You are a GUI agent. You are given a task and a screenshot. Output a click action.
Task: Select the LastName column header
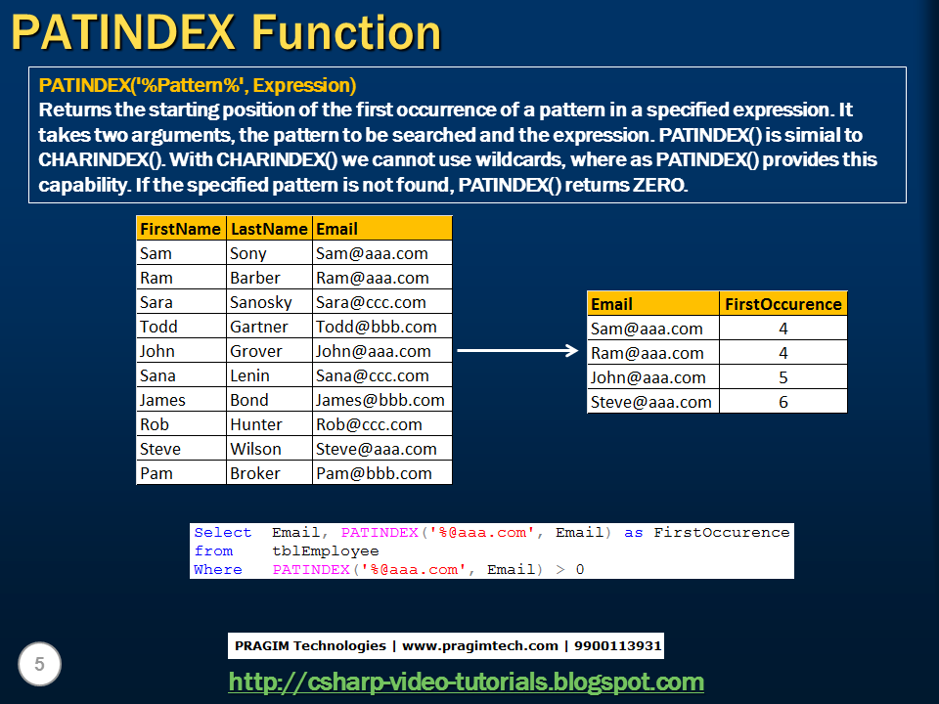coord(268,229)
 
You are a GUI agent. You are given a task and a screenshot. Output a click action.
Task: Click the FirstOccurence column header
coord(782,304)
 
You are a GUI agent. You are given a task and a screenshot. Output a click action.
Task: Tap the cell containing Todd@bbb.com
coord(376,327)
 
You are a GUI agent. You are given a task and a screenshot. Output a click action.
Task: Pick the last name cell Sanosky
coord(260,302)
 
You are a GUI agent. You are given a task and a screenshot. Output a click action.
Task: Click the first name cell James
coord(162,400)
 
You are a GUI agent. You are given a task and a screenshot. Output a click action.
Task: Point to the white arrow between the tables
coord(518,349)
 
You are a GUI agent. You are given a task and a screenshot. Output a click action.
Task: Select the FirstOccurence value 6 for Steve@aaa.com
coord(783,402)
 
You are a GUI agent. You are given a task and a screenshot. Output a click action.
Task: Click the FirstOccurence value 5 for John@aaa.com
coord(783,377)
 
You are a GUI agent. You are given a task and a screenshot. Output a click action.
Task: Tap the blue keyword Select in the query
coord(222,533)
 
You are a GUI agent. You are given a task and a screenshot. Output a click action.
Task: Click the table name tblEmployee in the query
coord(325,551)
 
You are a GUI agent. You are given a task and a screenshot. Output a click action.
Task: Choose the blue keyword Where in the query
coord(217,569)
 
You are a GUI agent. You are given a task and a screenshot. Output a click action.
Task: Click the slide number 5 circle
coord(40,665)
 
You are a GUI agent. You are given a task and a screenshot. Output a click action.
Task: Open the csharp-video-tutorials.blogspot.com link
coord(466,682)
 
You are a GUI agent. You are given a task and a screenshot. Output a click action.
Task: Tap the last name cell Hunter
coord(256,424)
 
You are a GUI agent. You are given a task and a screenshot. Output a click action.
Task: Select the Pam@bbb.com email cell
coord(373,473)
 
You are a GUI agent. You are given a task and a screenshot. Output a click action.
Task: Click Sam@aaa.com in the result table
coord(647,329)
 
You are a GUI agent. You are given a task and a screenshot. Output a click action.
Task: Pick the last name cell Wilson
coord(255,449)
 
